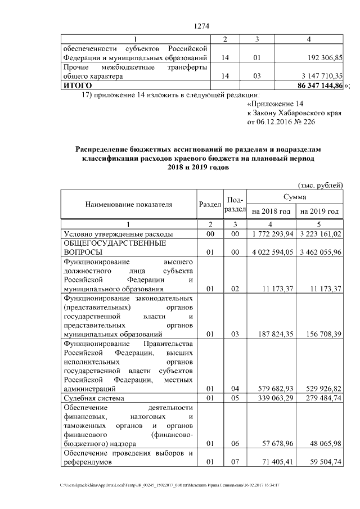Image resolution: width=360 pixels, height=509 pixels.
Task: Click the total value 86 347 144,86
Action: pos(319,85)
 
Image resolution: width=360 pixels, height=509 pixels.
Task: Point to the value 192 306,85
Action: pos(321,58)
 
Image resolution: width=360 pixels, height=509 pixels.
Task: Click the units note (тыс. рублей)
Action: pos(319,185)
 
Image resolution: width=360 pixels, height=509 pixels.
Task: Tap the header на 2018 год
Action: pos(271,211)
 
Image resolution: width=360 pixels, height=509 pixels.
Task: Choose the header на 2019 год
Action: pos(319,211)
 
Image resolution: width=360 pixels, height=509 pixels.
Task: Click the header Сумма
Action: pos(295,197)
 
